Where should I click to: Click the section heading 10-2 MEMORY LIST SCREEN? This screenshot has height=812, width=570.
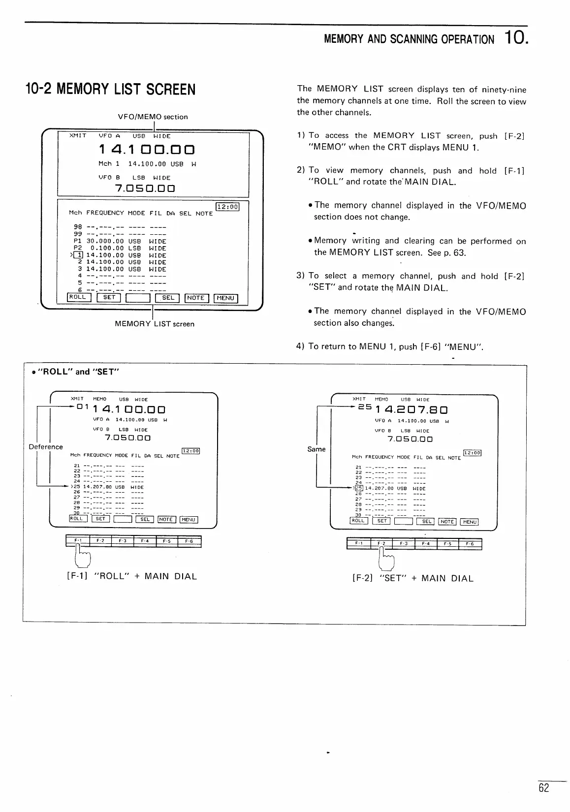pos(110,90)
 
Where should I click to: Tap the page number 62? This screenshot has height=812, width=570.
pos(543,788)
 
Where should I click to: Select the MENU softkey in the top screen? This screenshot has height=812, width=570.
pos(225,298)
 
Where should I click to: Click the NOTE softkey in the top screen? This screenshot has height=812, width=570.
pos(196,298)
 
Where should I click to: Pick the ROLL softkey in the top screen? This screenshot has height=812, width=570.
pos(78,297)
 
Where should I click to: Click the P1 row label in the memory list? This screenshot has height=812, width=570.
pos(77,241)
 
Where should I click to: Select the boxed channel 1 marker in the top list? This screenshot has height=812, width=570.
pos(78,255)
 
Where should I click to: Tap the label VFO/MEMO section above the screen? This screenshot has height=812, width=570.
pos(153,117)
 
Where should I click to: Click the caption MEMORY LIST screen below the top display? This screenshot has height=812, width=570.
pos(154,324)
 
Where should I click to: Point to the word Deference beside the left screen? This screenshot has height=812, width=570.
pos(46,447)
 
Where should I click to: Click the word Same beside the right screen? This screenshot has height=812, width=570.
pos(317,449)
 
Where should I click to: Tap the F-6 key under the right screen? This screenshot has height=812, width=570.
pos(470,544)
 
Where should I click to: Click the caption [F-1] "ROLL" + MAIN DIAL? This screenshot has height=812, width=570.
pos(131,576)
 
